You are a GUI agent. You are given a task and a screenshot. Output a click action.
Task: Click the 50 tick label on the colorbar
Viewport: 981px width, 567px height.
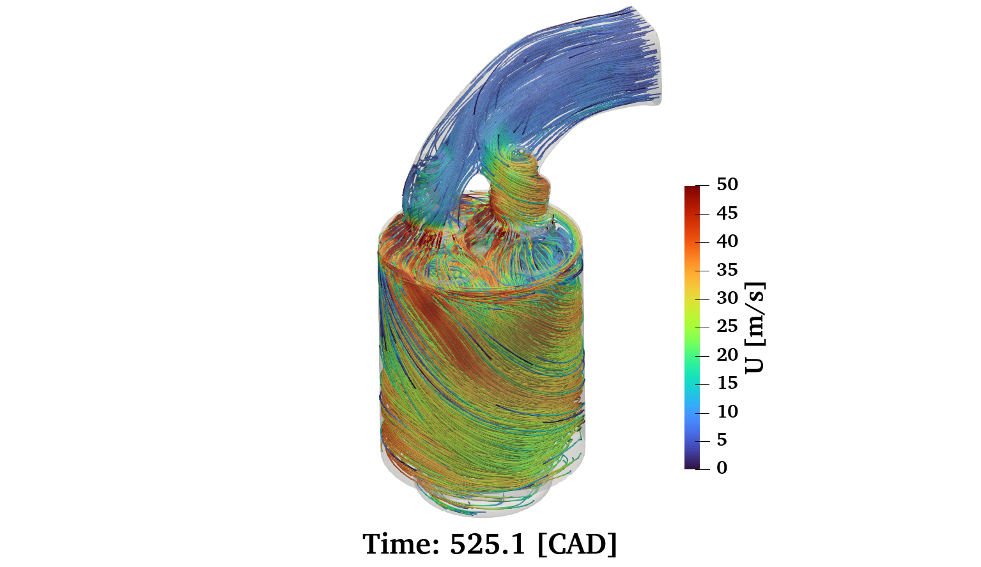(x=727, y=184)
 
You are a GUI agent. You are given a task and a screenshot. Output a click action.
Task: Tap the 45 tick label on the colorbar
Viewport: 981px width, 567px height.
(x=727, y=213)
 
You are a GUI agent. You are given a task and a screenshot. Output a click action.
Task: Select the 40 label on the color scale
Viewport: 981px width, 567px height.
(x=727, y=241)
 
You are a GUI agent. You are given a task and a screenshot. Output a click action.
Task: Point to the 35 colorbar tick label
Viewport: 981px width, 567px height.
(x=727, y=269)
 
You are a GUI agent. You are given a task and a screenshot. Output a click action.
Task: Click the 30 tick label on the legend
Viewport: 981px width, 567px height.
(x=727, y=298)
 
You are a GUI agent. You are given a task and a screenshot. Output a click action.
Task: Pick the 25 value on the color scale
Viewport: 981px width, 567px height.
(x=727, y=326)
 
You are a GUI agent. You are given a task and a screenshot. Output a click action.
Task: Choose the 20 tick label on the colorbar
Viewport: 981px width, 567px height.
(x=727, y=355)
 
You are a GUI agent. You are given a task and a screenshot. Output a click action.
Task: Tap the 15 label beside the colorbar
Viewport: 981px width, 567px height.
(x=727, y=383)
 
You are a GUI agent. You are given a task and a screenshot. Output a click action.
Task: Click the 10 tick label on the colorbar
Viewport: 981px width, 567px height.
(x=727, y=412)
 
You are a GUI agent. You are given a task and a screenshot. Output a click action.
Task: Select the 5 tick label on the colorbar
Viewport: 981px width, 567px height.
(x=722, y=440)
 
